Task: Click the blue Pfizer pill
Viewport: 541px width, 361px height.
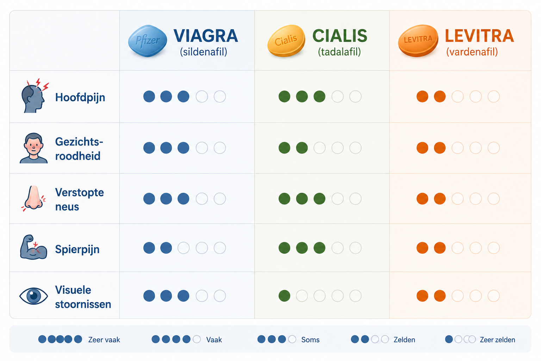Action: (x=148, y=41)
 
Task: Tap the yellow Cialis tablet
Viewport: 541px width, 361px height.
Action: (x=286, y=41)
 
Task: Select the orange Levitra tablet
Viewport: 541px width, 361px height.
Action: (x=418, y=41)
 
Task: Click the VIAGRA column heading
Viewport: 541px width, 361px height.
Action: (x=206, y=36)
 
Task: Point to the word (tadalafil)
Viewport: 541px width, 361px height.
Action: (x=339, y=52)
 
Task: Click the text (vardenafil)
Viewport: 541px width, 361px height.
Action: (x=472, y=52)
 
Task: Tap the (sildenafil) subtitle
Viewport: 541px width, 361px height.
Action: (x=204, y=52)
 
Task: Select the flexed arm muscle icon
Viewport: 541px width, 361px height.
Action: (x=33, y=247)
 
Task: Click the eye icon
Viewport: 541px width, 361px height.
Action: (x=33, y=296)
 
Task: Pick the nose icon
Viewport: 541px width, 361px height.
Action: (x=34, y=198)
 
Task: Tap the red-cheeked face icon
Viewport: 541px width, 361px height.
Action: (x=33, y=148)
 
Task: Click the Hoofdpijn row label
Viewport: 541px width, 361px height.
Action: (x=80, y=98)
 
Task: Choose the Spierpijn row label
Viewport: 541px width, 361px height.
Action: (x=77, y=249)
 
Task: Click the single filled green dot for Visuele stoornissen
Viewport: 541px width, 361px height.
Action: (x=284, y=296)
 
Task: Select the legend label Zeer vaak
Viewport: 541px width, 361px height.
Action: (x=104, y=340)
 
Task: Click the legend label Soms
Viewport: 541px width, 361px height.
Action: (x=310, y=340)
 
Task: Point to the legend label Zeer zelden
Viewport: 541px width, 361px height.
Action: (x=497, y=340)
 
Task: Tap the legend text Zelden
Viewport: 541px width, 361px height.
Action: (x=404, y=340)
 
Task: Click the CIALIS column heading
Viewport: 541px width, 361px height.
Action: (x=340, y=36)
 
